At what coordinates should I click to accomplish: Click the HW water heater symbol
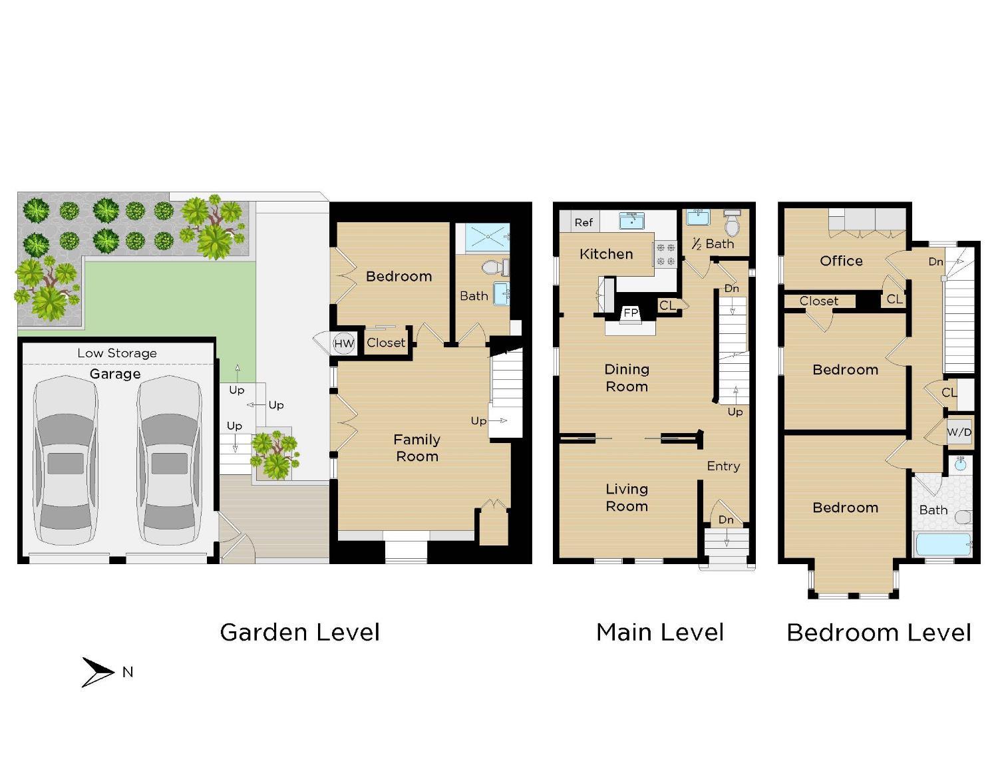344,343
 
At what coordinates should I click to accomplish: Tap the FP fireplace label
630,313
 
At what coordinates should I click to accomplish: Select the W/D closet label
959,432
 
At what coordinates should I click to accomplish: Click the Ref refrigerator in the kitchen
583,222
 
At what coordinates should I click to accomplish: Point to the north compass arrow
98,672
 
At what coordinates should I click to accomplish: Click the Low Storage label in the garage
117,353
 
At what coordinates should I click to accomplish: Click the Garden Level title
299,632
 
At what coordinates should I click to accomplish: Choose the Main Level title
659,632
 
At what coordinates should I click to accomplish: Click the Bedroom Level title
878,632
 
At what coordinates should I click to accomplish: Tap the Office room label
841,261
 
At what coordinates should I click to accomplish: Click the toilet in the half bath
732,224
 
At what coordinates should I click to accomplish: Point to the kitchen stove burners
666,254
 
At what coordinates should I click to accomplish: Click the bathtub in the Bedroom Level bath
943,544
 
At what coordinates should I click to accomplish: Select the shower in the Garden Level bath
487,237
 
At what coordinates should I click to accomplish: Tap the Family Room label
416,448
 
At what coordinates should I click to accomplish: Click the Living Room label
626,498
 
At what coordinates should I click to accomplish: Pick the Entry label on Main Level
723,466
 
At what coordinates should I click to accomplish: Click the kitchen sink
631,220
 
